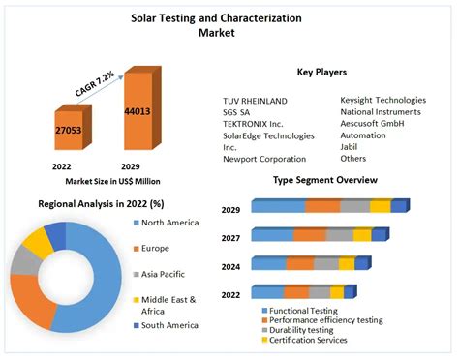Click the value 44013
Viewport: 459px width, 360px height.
[x=138, y=111]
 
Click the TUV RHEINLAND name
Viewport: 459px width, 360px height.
[x=256, y=100]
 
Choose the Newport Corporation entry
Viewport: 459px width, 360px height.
[x=264, y=158]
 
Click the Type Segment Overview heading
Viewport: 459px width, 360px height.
[x=325, y=181]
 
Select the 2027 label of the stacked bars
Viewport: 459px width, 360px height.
[x=230, y=236]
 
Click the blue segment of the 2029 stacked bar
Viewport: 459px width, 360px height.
[x=278, y=206]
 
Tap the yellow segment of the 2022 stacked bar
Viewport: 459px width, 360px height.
[x=336, y=292]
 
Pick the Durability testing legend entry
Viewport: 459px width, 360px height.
[x=306, y=330]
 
